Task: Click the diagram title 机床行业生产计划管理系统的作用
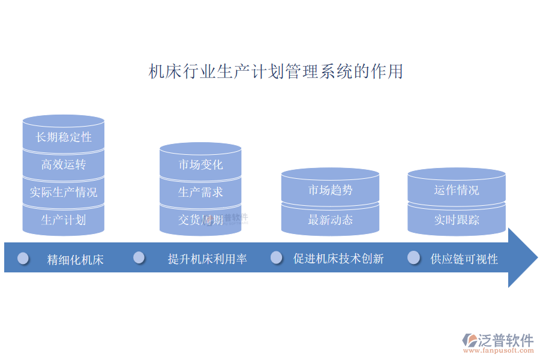coord(275,71)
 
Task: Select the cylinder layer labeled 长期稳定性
coord(64,137)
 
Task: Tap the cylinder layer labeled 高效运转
coord(64,164)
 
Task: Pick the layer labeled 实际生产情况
coord(64,193)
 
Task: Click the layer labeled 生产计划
coord(64,220)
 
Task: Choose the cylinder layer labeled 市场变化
coord(200,164)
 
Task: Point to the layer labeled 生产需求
coord(200,193)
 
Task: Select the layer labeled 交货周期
coord(200,220)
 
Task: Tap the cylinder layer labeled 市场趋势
coord(330,191)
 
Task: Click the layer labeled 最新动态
coord(330,220)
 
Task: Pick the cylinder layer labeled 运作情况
coord(457,190)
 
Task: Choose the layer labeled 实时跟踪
coord(457,220)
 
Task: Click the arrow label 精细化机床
coord(76,259)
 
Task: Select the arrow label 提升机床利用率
coord(208,259)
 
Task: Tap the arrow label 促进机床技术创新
coord(338,259)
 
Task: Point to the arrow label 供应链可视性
coord(464,259)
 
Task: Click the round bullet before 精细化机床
coord(23,258)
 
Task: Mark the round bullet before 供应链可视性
coord(413,257)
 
